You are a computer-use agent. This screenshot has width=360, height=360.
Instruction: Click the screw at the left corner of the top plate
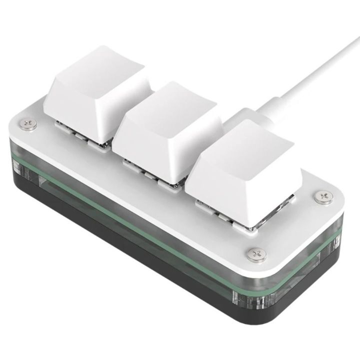(29, 124)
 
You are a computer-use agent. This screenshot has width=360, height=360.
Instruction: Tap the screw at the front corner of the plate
(257, 254)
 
